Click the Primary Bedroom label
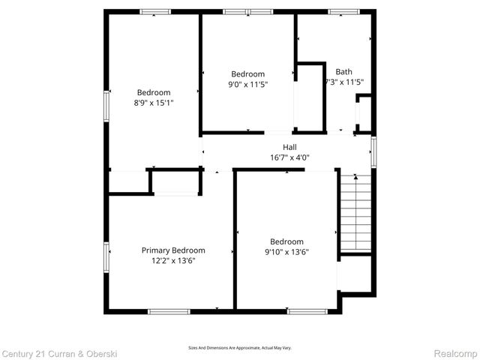[x=173, y=250]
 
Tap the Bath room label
[x=344, y=72]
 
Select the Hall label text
[x=289, y=147]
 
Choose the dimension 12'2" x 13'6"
[x=173, y=260]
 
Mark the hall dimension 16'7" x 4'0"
[x=289, y=157]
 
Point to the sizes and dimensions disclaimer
[x=240, y=348]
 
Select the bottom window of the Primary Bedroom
[x=169, y=311]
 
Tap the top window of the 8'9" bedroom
[x=155, y=11]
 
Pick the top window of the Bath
[x=344, y=11]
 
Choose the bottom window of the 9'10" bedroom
[x=307, y=311]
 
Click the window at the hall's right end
[x=373, y=150]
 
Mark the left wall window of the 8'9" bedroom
[x=106, y=106]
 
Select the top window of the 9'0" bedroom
[x=247, y=11]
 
